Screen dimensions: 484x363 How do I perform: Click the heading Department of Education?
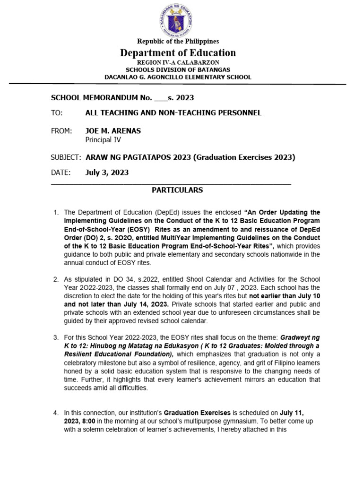tap(178, 52)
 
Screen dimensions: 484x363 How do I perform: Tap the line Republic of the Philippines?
tap(178, 42)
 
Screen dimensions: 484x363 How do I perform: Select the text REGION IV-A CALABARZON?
tap(178, 63)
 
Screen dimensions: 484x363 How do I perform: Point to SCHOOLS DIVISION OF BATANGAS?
tap(178, 70)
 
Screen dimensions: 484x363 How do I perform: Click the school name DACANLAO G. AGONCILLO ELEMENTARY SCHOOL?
tap(178, 77)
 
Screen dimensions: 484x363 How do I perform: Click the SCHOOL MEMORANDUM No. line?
tap(122, 98)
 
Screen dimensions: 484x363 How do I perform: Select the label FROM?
tap(61, 130)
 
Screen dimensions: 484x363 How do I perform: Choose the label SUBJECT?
tap(66, 157)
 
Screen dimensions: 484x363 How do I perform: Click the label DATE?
tap(60, 173)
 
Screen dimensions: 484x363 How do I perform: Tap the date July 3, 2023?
tap(107, 173)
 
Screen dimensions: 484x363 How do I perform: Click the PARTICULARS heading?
tap(177, 190)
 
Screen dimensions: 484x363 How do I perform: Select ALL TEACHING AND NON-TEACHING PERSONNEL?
tap(173, 113)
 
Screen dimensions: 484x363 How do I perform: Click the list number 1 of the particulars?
tap(56, 212)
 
